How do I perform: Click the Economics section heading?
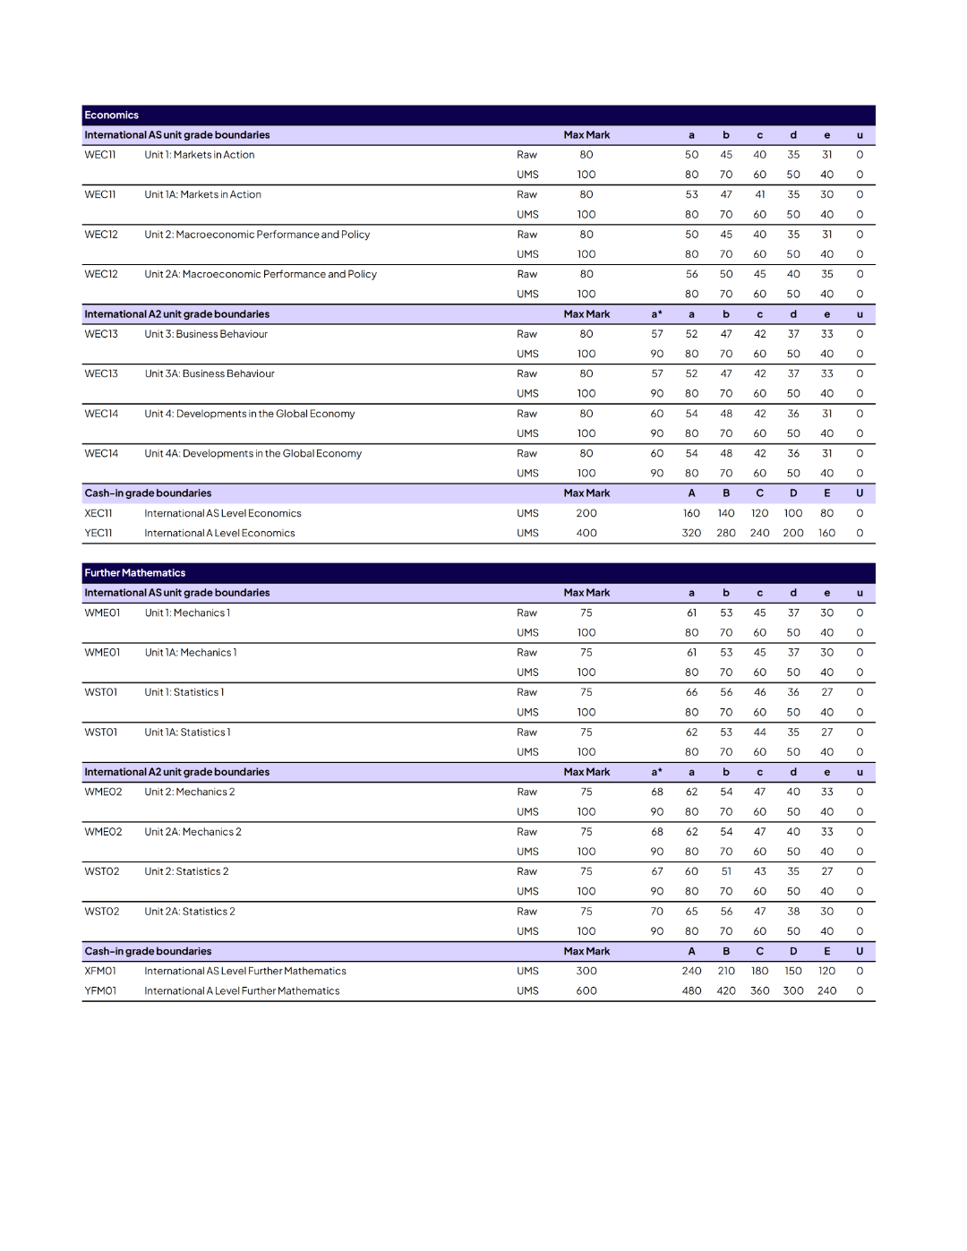click(x=112, y=116)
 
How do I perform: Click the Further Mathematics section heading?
click(x=135, y=573)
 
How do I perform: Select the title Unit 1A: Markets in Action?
click(x=203, y=194)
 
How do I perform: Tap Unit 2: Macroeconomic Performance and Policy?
click(x=257, y=235)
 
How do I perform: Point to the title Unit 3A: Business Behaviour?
click(x=210, y=373)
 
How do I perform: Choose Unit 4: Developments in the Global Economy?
click(x=250, y=414)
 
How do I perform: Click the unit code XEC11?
click(x=98, y=513)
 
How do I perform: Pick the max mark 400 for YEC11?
click(x=586, y=533)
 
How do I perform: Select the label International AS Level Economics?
click(x=223, y=513)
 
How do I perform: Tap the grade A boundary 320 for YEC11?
click(x=691, y=533)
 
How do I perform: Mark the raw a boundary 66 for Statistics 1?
click(x=691, y=692)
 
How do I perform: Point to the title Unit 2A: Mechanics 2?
click(x=193, y=832)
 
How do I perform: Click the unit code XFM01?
click(x=100, y=971)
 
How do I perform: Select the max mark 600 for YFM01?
click(x=586, y=990)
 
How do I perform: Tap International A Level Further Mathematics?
click(x=242, y=990)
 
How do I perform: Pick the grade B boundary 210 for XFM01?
click(x=726, y=971)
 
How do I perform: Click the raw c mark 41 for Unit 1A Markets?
click(x=759, y=194)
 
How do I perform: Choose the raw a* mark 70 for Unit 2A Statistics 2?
click(x=657, y=912)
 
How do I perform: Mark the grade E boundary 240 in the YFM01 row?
click(x=826, y=990)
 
